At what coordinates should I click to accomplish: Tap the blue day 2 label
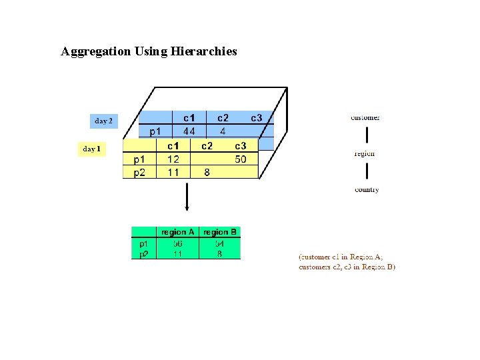click(103, 121)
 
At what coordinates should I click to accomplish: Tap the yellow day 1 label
click(91, 149)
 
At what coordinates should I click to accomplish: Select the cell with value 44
click(189, 131)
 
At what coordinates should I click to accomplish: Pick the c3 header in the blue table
click(257, 118)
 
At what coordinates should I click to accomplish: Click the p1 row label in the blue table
click(154, 131)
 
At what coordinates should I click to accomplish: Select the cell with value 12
click(173, 159)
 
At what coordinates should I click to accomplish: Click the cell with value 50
click(240, 159)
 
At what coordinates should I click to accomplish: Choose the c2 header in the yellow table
click(207, 146)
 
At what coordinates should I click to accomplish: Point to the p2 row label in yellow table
click(139, 172)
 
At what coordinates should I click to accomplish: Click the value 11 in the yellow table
click(173, 172)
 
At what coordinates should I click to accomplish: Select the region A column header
click(178, 232)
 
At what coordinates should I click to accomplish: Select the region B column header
click(220, 232)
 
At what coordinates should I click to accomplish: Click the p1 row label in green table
click(144, 244)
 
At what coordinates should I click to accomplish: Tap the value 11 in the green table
click(178, 254)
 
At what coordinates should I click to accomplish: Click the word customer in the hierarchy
click(365, 117)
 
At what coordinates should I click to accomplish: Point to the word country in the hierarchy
click(367, 189)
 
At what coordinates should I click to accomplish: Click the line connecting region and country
click(366, 171)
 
